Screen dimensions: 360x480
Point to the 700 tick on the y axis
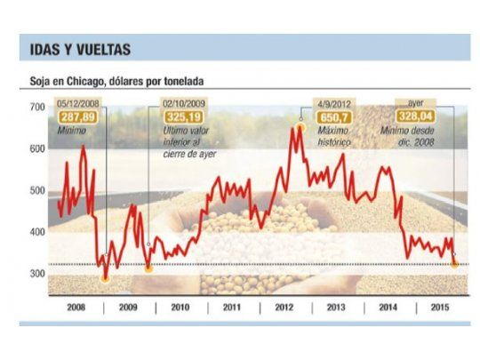click(36, 107)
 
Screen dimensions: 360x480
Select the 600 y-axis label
click(36, 148)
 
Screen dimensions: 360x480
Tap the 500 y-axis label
click(36, 190)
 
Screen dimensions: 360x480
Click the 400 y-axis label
click(36, 232)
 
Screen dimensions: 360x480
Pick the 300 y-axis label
click(36, 274)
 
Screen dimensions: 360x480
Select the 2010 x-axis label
click(181, 307)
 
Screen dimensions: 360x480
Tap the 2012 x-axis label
click(285, 307)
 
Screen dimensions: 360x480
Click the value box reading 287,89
click(78, 116)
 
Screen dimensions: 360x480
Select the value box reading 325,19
click(183, 116)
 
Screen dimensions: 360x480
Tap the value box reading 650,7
click(333, 116)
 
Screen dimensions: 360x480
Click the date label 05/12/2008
click(78, 103)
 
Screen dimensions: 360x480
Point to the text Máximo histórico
click(334, 136)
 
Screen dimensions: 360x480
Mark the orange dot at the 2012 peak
click(300, 127)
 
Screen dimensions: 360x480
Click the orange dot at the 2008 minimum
click(106, 278)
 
